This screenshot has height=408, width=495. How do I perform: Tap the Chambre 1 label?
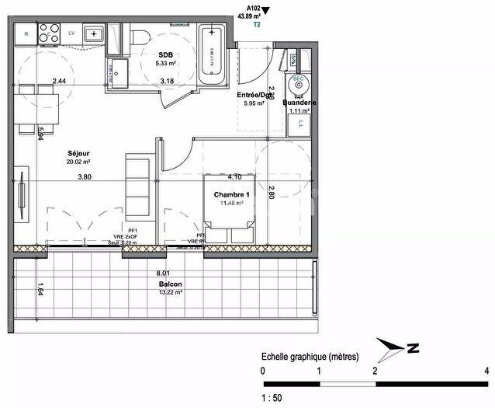point(231,194)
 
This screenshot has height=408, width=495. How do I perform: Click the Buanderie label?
point(298,103)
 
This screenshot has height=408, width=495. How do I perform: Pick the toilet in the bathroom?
point(140,37)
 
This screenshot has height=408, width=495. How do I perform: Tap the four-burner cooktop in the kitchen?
point(49,33)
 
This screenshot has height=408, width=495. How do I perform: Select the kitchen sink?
point(95,33)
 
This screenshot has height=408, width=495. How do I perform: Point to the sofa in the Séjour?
point(138,186)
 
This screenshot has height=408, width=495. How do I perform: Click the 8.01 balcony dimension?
point(163,274)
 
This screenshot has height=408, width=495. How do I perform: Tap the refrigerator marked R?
point(26,33)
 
